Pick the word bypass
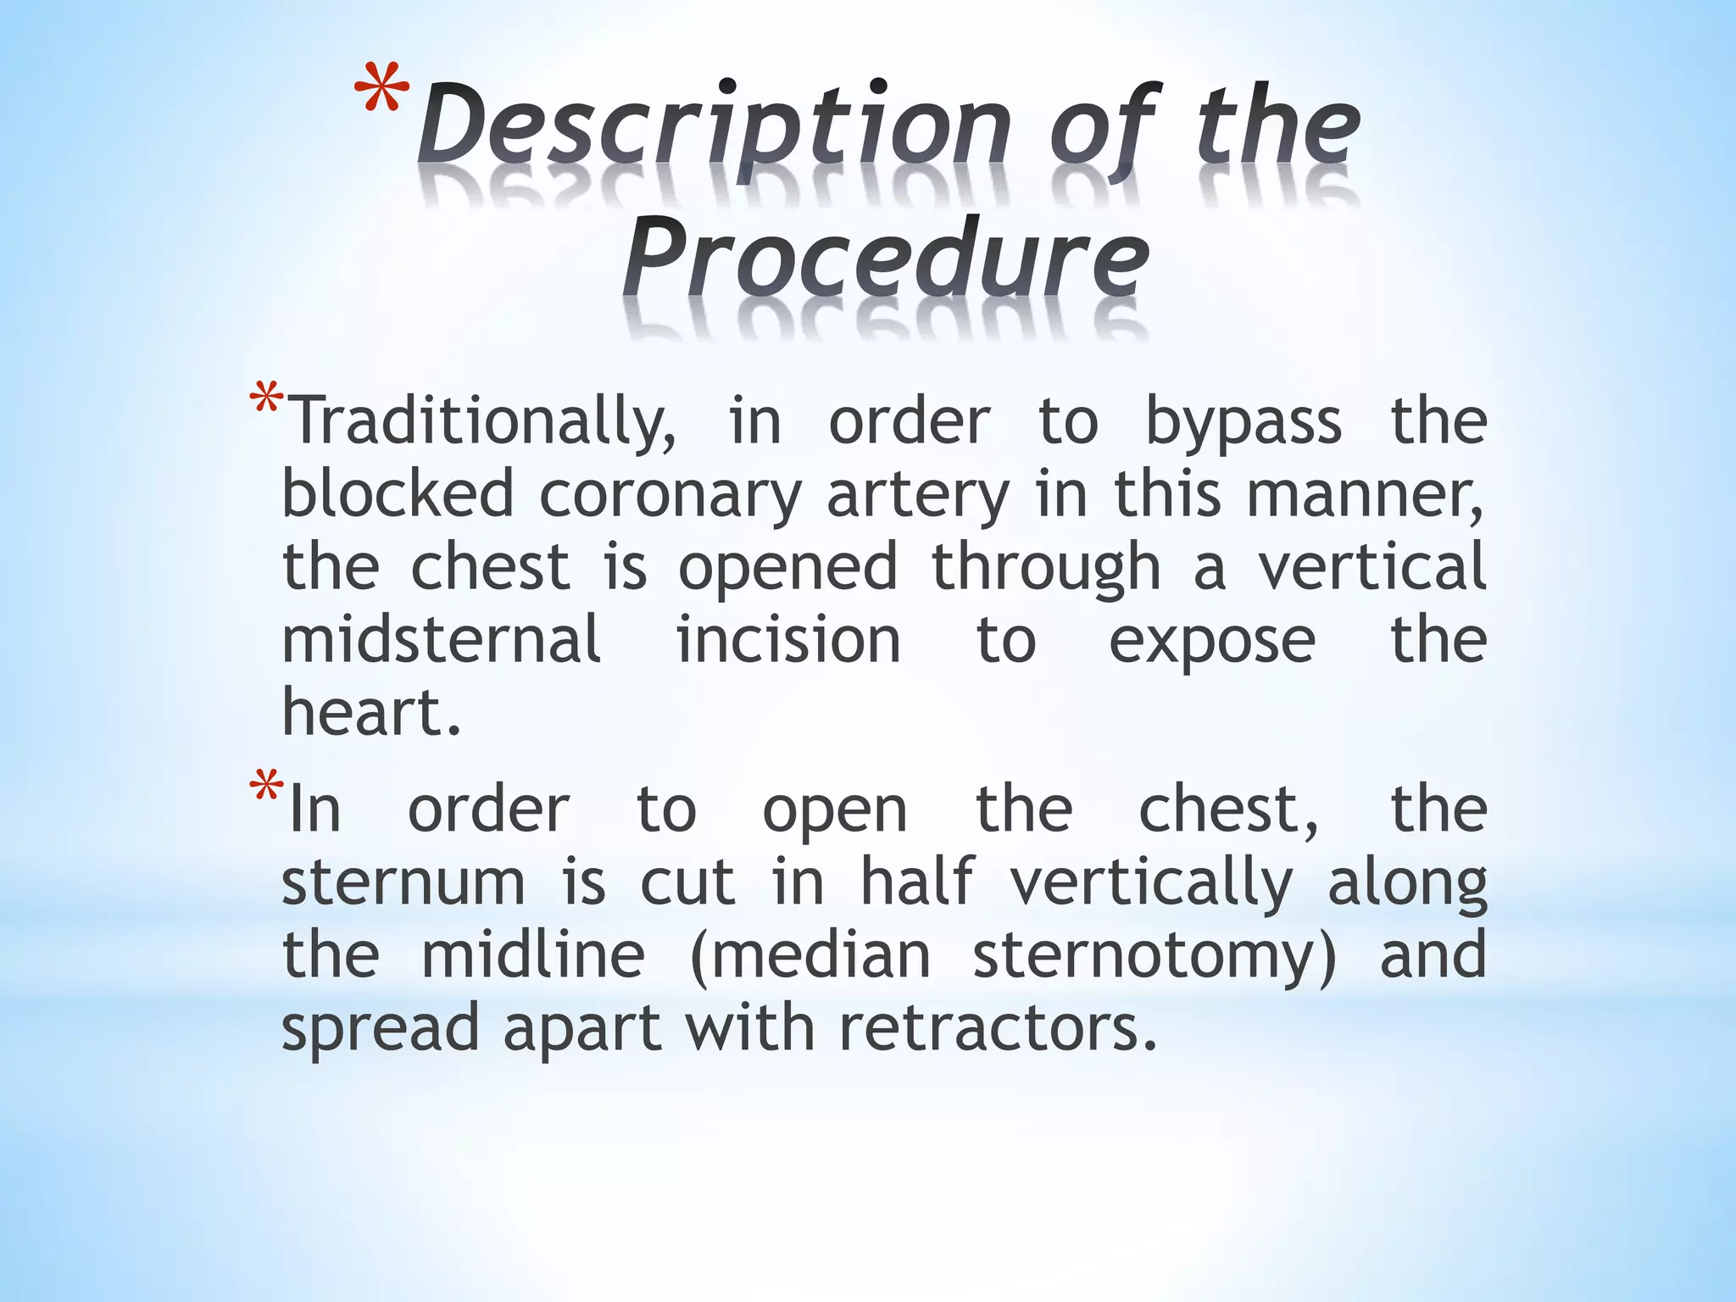point(1244,421)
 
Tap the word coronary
point(670,494)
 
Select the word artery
point(918,494)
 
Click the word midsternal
point(442,640)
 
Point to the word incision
point(788,640)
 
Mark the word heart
point(371,713)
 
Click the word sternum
point(403,883)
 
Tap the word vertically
point(1152,883)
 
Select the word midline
point(533,955)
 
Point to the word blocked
point(398,494)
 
